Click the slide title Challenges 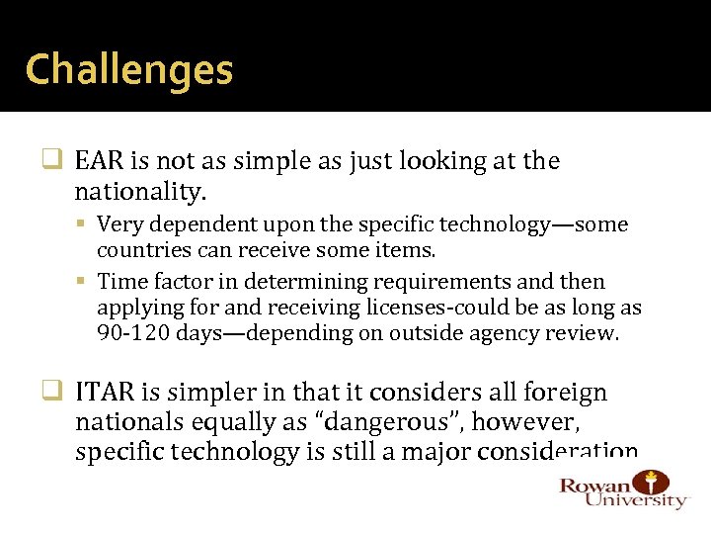129,70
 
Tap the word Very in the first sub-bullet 119,224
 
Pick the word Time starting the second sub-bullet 120,282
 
